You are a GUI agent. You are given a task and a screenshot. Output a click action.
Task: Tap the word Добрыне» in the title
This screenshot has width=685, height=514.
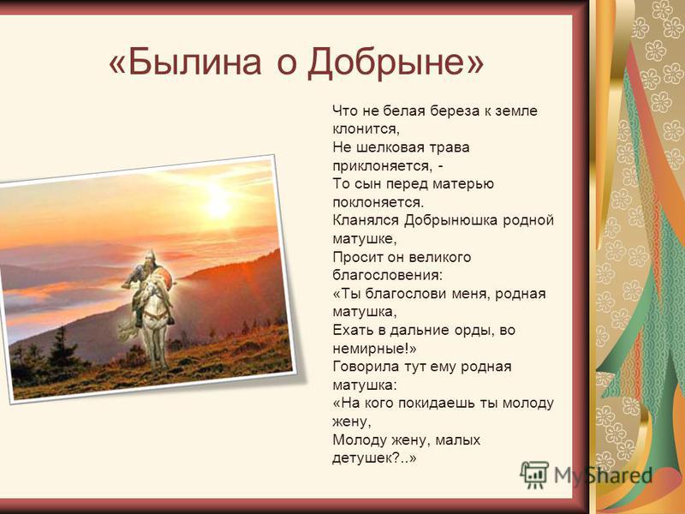click(x=396, y=63)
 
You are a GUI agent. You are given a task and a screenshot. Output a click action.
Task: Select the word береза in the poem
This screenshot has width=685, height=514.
click(x=455, y=111)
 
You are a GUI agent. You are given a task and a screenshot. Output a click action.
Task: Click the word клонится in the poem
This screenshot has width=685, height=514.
click(x=365, y=129)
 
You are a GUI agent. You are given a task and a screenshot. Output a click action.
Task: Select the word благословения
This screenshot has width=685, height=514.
click(x=386, y=275)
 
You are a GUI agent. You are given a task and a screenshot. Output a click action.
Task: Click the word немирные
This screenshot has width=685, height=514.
click(x=370, y=349)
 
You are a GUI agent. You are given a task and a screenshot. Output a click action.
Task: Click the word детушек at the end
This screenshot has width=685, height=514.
click(x=366, y=458)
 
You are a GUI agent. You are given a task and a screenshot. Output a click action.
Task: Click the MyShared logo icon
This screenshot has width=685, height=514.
click(x=534, y=475)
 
